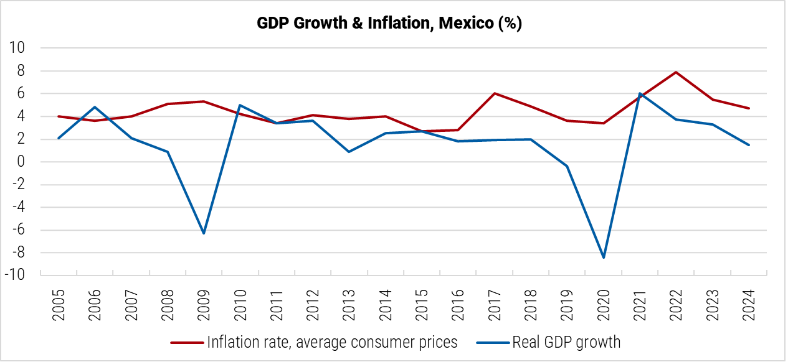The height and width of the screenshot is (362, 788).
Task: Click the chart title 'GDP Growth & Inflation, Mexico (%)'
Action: pos(389,24)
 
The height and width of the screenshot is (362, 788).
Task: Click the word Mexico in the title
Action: pos(464,24)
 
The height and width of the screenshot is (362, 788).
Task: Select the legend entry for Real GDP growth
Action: pos(548,341)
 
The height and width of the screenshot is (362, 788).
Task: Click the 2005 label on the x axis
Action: pos(59,304)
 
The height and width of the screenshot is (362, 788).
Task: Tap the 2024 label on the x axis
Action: pos(748,304)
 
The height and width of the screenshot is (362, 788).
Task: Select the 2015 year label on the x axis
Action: pos(422,304)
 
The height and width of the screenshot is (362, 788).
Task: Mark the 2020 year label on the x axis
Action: pos(603,304)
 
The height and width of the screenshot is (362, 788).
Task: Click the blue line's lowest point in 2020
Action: pos(604,258)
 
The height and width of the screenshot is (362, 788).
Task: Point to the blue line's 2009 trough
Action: pos(204,233)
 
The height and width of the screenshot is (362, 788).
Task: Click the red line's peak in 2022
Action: pos(676,72)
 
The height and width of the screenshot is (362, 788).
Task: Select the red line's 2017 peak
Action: pos(495,93)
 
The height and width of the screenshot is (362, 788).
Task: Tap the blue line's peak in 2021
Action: pos(640,93)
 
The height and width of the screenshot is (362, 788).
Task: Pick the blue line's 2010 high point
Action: pos(240,105)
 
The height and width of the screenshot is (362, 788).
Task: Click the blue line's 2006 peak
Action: pos(95,107)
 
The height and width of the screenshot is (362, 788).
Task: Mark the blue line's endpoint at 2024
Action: pos(749,145)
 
